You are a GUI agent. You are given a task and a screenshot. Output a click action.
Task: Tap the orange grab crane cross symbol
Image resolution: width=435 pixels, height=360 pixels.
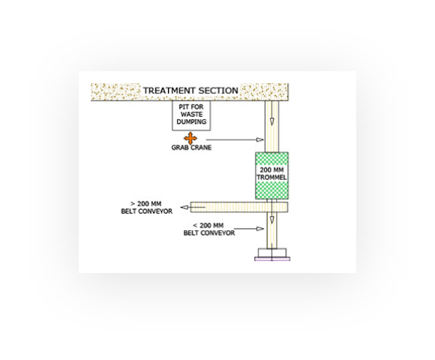point(190,138)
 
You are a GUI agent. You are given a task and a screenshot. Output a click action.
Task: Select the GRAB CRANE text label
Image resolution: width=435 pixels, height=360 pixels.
point(191,148)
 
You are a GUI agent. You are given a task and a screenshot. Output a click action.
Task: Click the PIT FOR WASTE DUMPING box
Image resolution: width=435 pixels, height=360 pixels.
point(191,115)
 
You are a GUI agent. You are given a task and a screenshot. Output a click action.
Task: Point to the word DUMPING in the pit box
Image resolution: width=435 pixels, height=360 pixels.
point(191,121)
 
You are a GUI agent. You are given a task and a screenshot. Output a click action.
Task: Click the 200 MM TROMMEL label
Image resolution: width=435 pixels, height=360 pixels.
point(271,173)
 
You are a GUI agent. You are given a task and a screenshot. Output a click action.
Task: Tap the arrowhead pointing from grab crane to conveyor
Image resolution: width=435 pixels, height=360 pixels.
point(260,139)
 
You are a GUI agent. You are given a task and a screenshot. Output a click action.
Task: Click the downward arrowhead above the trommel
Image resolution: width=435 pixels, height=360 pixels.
point(271,121)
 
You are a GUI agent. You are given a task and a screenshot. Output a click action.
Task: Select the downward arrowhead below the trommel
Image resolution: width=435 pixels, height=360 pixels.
point(271,220)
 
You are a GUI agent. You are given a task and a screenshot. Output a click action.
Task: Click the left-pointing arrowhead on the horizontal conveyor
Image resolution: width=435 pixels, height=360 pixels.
point(184,207)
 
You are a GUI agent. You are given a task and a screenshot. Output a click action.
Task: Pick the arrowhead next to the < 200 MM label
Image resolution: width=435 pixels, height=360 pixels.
point(260,229)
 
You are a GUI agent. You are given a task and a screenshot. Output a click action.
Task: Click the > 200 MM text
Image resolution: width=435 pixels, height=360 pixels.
point(146,204)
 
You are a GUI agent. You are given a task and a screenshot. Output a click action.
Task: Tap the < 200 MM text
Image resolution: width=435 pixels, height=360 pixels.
point(208,226)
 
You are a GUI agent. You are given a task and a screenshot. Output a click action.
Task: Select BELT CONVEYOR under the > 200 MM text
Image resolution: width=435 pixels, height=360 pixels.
point(146,211)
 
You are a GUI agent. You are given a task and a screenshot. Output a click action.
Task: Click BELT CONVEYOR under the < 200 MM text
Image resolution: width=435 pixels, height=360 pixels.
point(209,233)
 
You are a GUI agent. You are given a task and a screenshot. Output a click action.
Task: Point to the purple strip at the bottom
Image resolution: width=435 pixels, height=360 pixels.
point(272,259)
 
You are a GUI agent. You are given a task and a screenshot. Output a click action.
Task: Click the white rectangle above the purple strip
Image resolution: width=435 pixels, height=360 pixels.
point(271,253)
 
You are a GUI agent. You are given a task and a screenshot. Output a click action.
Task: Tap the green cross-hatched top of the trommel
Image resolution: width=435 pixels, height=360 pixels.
point(271,159)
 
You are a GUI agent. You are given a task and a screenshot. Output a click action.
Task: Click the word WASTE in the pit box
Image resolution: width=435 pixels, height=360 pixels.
point(191,114)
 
